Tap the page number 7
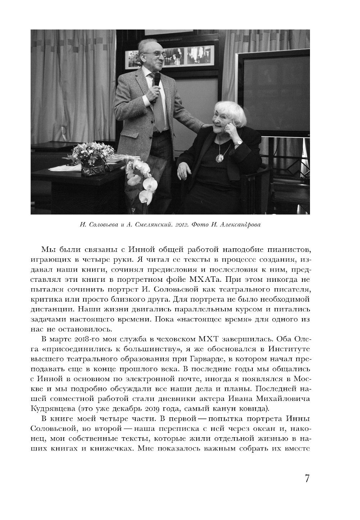click(307, 479)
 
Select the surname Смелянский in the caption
click(150, 225)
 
